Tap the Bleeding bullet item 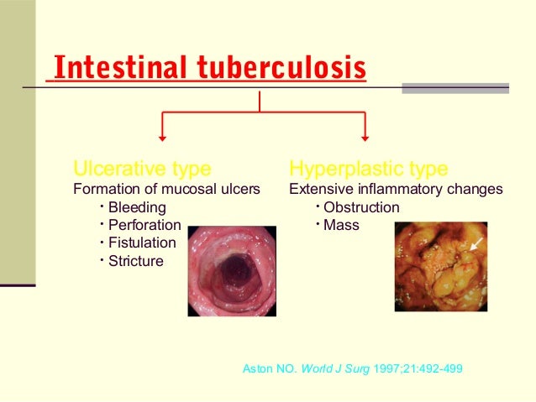(x=137, y=207)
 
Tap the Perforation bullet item (x=145, y=225)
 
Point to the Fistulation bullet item (x=143, y=243)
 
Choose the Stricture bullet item (x=136, y=261)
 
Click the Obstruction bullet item (x=361, y=207)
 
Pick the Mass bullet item (x=341, y=225)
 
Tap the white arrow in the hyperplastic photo (x=476, y=243)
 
